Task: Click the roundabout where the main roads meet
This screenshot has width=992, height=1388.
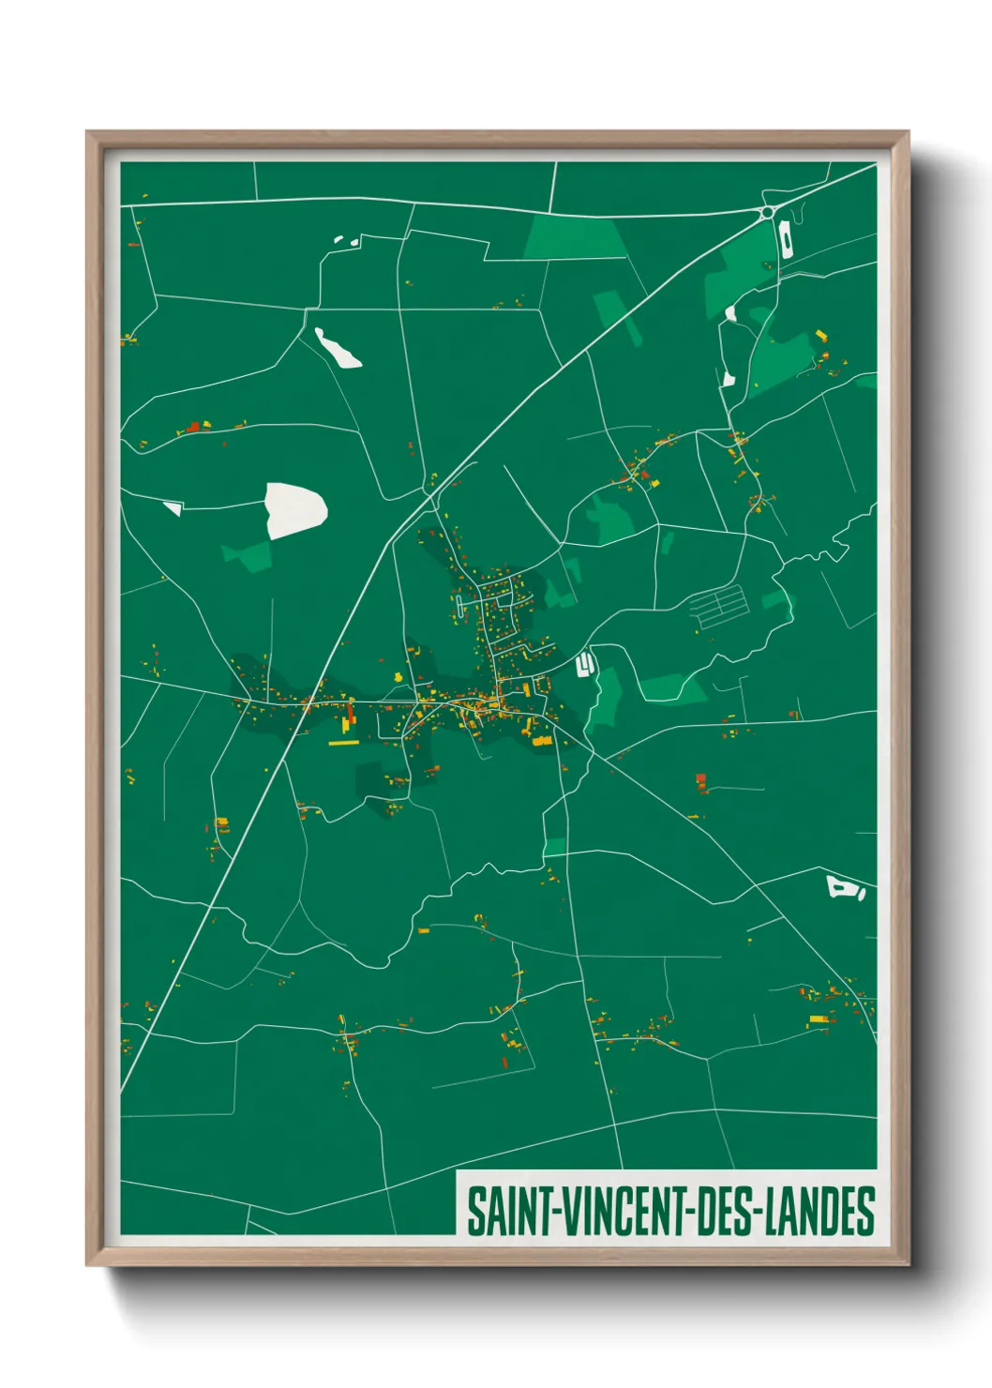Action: click(768, 213)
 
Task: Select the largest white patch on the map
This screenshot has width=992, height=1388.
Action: click(295, 509)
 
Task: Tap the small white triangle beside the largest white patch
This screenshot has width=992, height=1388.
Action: click(173, 507)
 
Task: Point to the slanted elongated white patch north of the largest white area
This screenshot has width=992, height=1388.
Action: click(338, 347)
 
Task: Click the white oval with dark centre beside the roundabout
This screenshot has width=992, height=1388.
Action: click(787, 240)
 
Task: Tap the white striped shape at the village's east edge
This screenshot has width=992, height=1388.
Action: click(584, 664)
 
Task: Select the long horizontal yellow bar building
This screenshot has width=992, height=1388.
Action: click(344, 743)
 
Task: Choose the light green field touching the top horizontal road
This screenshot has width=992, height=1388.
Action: click(574, 237)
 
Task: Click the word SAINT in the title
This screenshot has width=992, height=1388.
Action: click(510, 1211)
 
